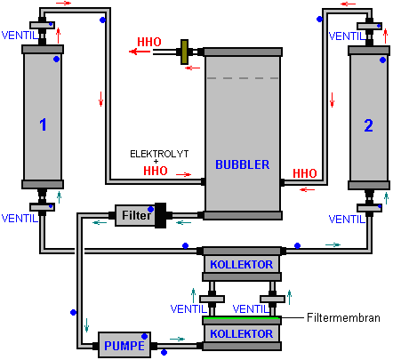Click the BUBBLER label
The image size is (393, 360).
point(243,164)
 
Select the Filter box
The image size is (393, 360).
point(136,215)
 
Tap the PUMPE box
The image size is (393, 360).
point(124,345)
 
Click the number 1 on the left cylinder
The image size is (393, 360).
point(43,124)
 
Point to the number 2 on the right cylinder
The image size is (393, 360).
point(368,125)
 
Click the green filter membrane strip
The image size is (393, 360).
point(242,318)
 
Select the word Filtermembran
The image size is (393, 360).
point(343,317)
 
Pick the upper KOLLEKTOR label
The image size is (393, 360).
point(242,265)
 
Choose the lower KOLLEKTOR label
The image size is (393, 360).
point(242,334)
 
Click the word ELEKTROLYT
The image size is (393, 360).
point(159,154)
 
